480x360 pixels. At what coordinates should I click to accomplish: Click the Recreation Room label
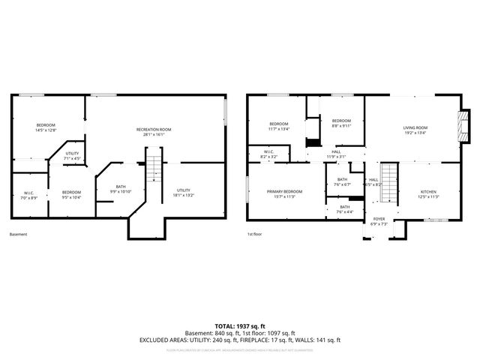coord(154,132)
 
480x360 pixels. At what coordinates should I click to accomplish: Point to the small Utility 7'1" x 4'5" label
coord(71,156)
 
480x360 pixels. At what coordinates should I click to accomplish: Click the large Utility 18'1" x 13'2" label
coord(184,193)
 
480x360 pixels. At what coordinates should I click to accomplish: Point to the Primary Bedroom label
coord(284,193)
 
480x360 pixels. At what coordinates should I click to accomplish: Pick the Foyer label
coord(379,221)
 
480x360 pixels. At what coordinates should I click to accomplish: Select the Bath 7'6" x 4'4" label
coord(344,209)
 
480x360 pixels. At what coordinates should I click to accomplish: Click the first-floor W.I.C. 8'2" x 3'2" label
coord(268,155)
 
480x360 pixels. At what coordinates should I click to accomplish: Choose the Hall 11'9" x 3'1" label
coord(337,154)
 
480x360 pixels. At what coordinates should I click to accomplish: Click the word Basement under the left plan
coord(19,234)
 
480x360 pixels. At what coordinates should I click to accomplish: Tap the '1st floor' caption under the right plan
coord(254,234)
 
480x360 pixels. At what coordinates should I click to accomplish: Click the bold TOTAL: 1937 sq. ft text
coord(239,326)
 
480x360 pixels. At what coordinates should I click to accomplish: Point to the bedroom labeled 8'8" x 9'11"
coord(341,123)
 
